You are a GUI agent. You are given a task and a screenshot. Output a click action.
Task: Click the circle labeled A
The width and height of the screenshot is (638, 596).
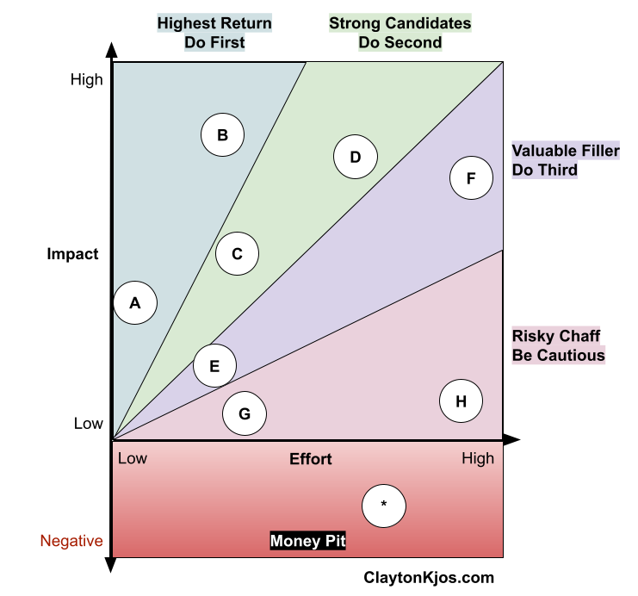click(135, 302)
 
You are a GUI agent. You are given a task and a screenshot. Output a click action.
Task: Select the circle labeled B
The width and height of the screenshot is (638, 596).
click(222, 135)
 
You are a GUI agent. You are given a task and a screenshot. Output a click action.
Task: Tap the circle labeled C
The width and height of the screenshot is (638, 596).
click(238, 254)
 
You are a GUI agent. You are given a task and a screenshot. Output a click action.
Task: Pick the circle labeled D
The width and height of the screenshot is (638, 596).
click(355, 157)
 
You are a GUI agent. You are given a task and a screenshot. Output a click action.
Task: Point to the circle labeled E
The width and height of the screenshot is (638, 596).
click(214, 365)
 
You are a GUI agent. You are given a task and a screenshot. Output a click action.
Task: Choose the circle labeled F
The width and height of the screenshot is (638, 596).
click(471, 178)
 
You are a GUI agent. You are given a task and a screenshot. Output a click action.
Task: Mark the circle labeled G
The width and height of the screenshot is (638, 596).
click(245, 414)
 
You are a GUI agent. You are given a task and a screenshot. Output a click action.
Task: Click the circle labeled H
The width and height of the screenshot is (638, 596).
click(461, 401)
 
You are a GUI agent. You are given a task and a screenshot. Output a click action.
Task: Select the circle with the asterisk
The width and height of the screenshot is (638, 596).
click(384, 505)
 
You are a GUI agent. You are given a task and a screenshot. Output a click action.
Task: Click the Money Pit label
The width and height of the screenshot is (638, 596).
click(308, 541)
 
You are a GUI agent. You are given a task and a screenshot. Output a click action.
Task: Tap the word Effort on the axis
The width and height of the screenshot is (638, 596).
click(311, 459)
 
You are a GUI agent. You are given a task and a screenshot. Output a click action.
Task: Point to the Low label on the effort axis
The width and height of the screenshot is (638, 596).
click(133, 458)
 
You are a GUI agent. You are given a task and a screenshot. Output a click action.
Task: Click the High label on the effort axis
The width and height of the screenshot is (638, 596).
click(478, 458)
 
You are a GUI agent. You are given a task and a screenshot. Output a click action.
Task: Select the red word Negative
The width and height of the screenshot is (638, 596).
click(71, 541)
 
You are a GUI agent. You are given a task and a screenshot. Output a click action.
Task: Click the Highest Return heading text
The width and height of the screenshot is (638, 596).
click(214, 23)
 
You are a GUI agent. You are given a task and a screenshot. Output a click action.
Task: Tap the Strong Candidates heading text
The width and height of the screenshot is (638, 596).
click(400, 23)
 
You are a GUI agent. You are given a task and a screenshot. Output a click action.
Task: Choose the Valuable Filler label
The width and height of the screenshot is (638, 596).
click(565, 151)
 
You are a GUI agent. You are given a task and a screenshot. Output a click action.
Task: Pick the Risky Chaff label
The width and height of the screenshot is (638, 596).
click(556, 336)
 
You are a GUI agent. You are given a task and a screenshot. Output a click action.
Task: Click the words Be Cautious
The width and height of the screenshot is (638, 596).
click(559, 355)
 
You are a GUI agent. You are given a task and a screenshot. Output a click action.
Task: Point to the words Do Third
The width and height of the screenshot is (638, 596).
click(545, 170)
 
